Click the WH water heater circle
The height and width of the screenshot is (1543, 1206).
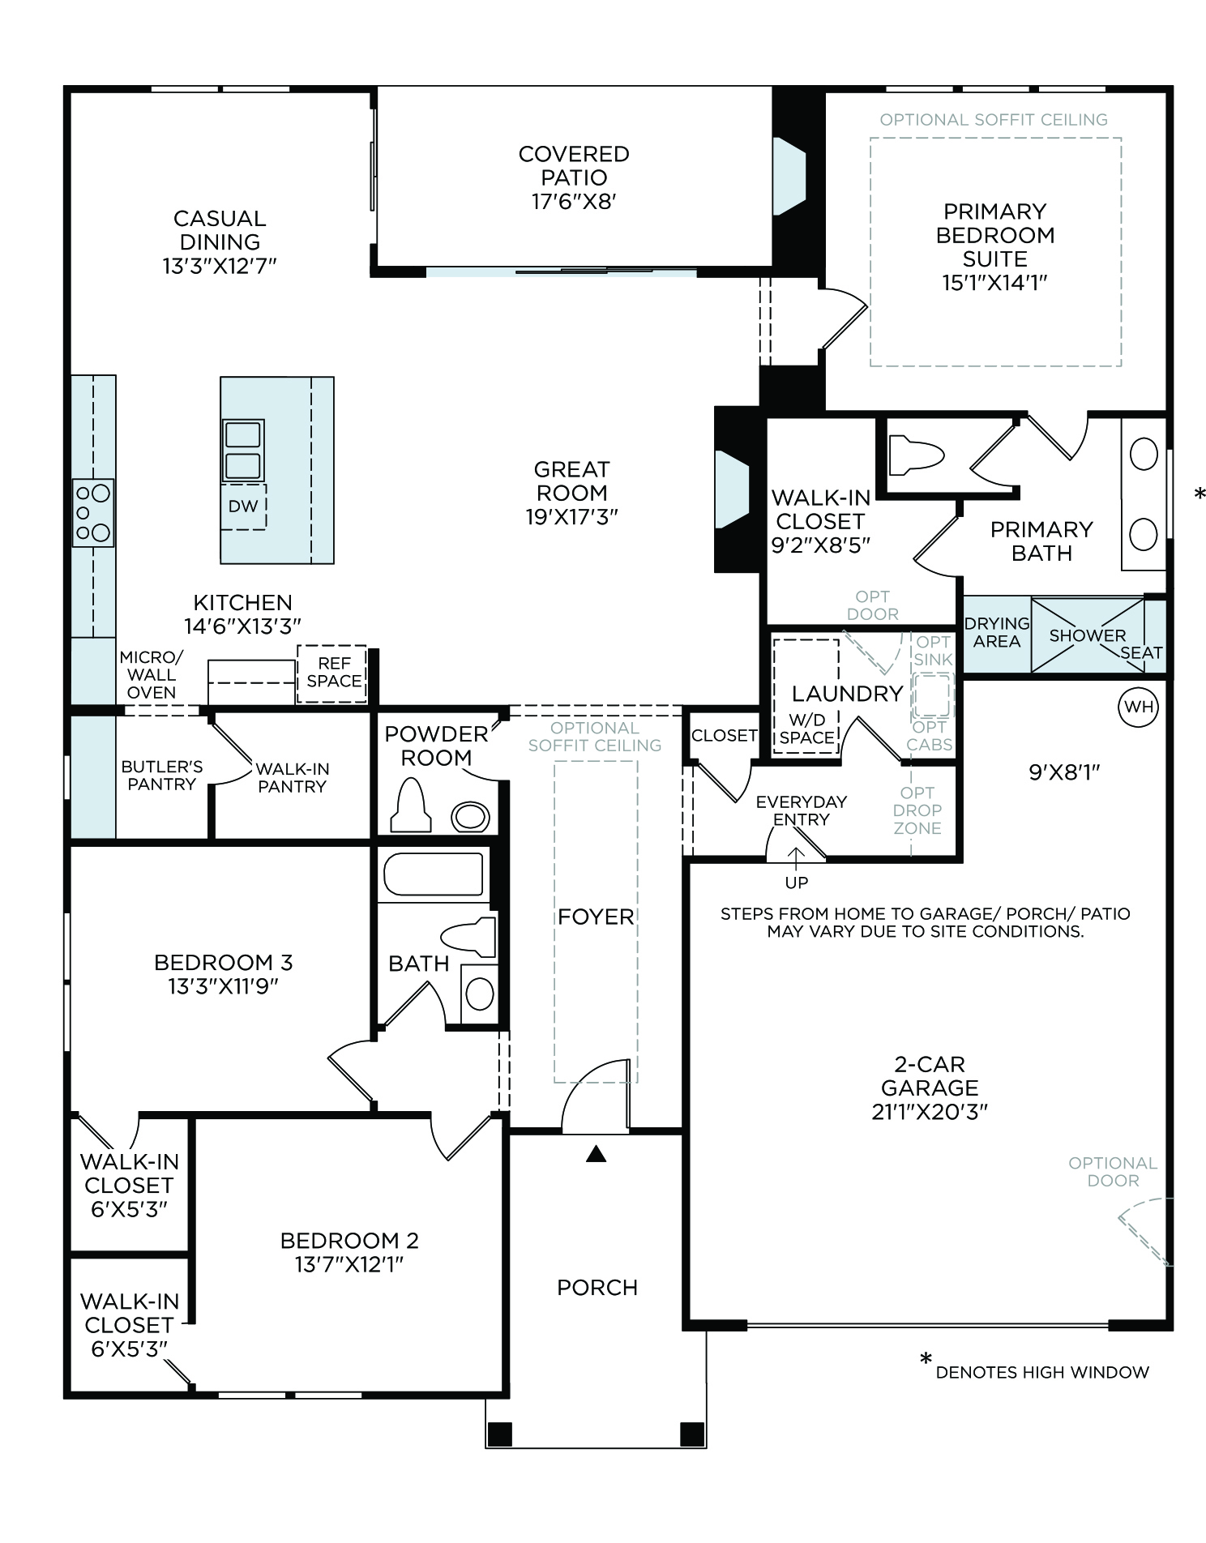1139,707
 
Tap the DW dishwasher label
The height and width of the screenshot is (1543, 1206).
243,506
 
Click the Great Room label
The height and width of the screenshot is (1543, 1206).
571,481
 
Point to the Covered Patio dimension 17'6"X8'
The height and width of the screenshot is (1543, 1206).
574,201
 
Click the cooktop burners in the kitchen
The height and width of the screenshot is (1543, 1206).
93,513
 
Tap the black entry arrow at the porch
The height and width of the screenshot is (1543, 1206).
597,1154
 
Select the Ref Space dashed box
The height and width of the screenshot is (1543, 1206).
332,673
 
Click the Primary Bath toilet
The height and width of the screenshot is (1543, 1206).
917,455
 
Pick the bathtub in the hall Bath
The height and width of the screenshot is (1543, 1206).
434,874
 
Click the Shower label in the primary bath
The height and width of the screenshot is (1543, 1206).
1088,635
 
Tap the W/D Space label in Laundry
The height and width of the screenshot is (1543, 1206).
806,729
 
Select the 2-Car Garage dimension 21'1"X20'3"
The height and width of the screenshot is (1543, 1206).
930,1111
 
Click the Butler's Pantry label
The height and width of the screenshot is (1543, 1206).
162,776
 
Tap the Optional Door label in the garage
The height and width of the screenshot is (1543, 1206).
1113,1172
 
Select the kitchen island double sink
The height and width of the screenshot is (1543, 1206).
242,451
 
